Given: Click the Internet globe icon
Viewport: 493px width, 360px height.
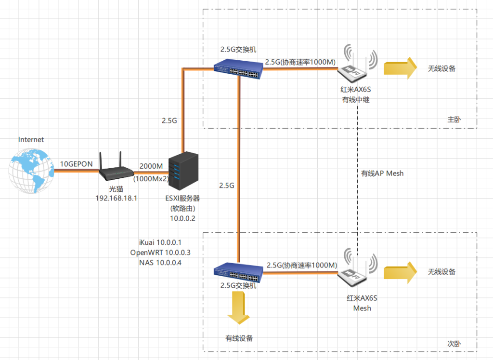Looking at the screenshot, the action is click(x=31, y=171).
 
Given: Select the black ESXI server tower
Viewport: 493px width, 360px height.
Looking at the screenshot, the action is click(x=183, y=171).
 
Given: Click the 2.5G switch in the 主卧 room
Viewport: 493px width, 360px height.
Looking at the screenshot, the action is click(x=238, y=69).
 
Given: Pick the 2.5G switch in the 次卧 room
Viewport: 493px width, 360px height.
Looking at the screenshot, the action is click(x=238, y=272).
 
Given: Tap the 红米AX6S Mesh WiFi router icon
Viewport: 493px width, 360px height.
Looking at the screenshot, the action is click(x=357, y=267).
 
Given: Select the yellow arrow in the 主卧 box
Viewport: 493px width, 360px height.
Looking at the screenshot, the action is click(x=400, y=68).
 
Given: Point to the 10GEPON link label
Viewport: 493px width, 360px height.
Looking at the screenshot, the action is click(x=77, y=164).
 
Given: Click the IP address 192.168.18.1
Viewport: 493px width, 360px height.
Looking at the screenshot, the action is click(x=117, y=198).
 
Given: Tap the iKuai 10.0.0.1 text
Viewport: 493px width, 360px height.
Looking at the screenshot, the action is click(x=160, y=242).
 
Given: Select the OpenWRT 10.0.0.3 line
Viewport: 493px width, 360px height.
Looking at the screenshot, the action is click(x=160, y=253).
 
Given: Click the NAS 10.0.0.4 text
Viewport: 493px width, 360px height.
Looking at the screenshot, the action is click(x=160, y=263).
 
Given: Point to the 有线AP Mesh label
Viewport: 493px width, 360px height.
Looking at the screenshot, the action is click(x=382, y=173).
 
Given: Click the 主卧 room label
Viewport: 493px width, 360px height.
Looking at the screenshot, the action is click(x=454, y=120).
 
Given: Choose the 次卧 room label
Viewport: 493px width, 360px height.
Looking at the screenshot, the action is click(x=454, y=344).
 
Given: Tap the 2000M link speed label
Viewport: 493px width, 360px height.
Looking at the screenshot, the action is click(x=151, y=166).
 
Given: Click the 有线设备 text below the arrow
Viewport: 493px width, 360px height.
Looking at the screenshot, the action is click(x=239, y=338).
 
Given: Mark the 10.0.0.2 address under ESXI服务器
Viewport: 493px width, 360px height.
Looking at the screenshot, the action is click(x=182, y=218).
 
